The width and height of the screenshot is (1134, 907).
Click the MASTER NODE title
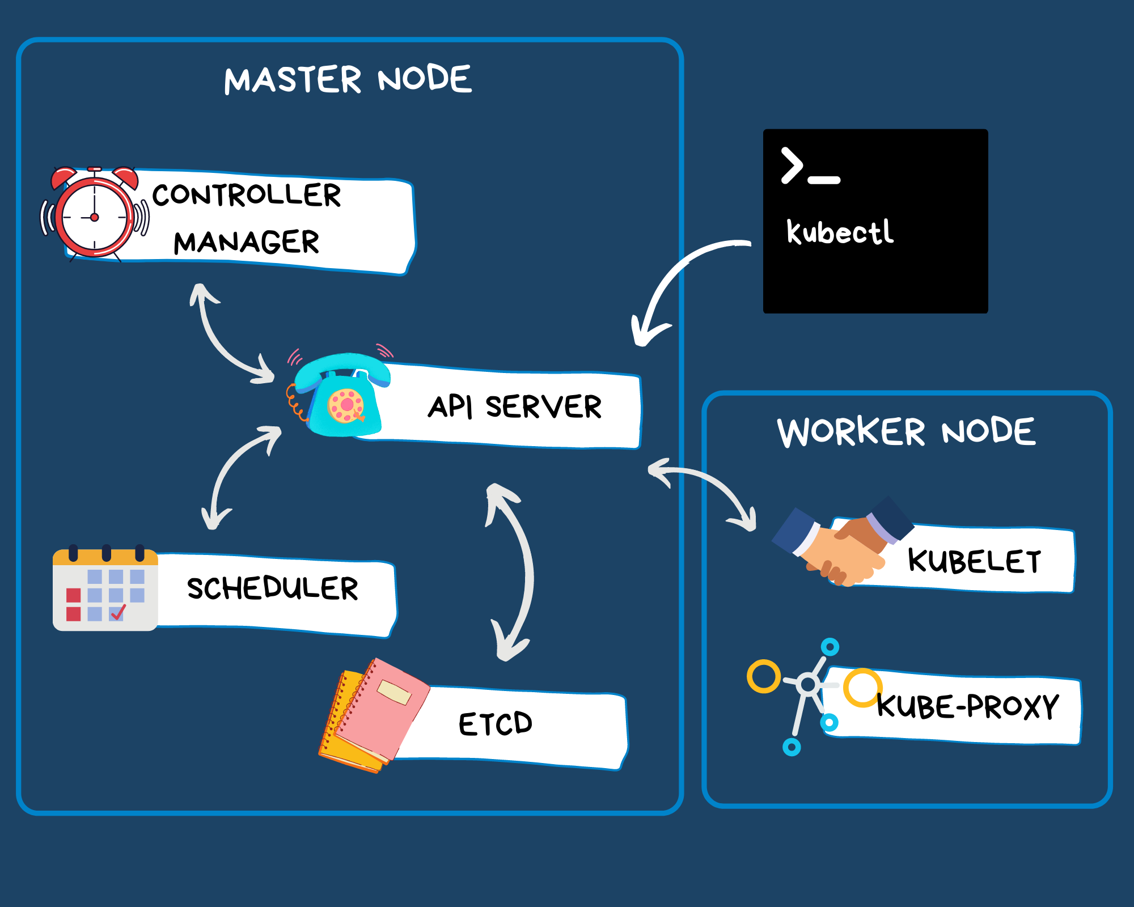click(x=348, y=79)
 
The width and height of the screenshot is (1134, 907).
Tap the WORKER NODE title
click(x=905, y=432)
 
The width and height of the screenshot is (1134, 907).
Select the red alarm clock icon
click(x=95, y=214)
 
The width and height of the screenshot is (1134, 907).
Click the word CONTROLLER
click(x=247, y=195)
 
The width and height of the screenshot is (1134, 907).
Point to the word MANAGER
click(x=247, y=243)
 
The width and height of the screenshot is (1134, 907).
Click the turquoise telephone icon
click(x=340, y=397)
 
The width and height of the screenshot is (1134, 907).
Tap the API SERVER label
click(x=514, y=406)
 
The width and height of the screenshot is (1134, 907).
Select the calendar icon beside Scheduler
click(x=105, y=590)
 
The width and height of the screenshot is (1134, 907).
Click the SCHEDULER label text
click(x=272, y=588)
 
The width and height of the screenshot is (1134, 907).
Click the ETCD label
click(x=495, y=724)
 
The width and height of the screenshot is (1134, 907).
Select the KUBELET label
click(x=974, y=561)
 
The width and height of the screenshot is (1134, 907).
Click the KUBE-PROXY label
click(x=967, y=707)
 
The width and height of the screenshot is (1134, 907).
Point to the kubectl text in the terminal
click(x=840, y=232)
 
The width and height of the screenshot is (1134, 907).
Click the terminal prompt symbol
click(x=810, y=167)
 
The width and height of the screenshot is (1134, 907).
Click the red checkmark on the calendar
click(x=118, y=612)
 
